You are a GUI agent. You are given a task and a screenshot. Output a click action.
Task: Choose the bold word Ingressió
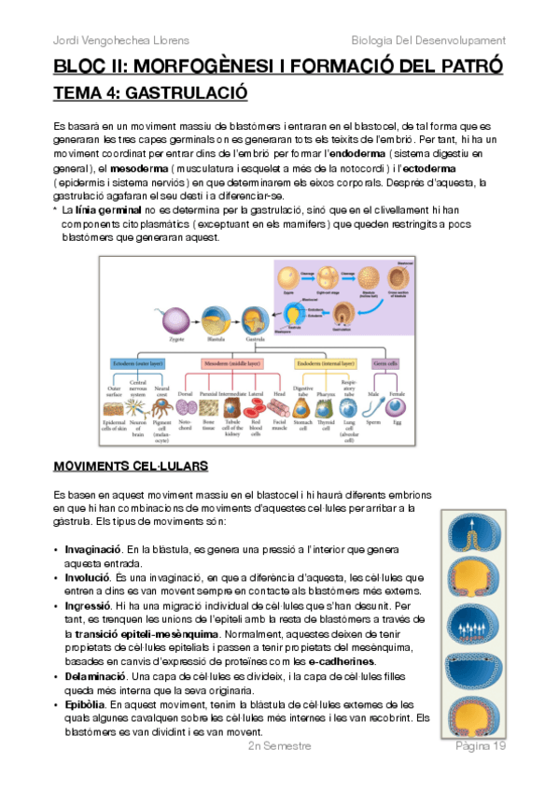(88, 605)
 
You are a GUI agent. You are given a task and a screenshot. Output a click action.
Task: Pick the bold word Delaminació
(94, 673)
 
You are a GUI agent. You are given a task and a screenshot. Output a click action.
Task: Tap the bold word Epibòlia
(85, 703)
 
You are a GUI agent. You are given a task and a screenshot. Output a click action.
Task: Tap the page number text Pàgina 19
(481, 747)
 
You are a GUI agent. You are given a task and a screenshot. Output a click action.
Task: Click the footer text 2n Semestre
(279, 747)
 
